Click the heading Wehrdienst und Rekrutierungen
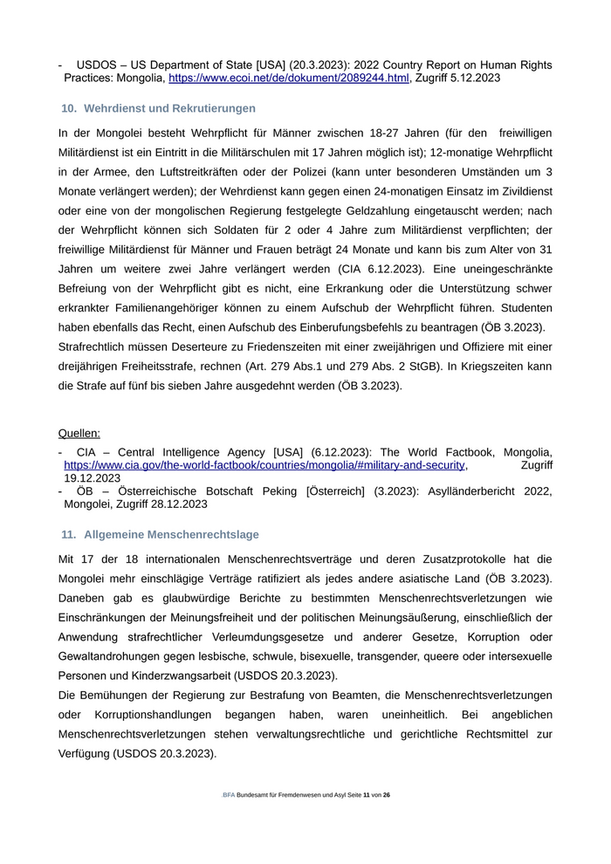click(169, 108)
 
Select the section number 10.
click(68, 108)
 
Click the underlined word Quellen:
click(79, 433)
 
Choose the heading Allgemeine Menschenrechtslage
click(171, 534)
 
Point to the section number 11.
click(68, 534)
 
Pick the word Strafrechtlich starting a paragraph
click(93, 346)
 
